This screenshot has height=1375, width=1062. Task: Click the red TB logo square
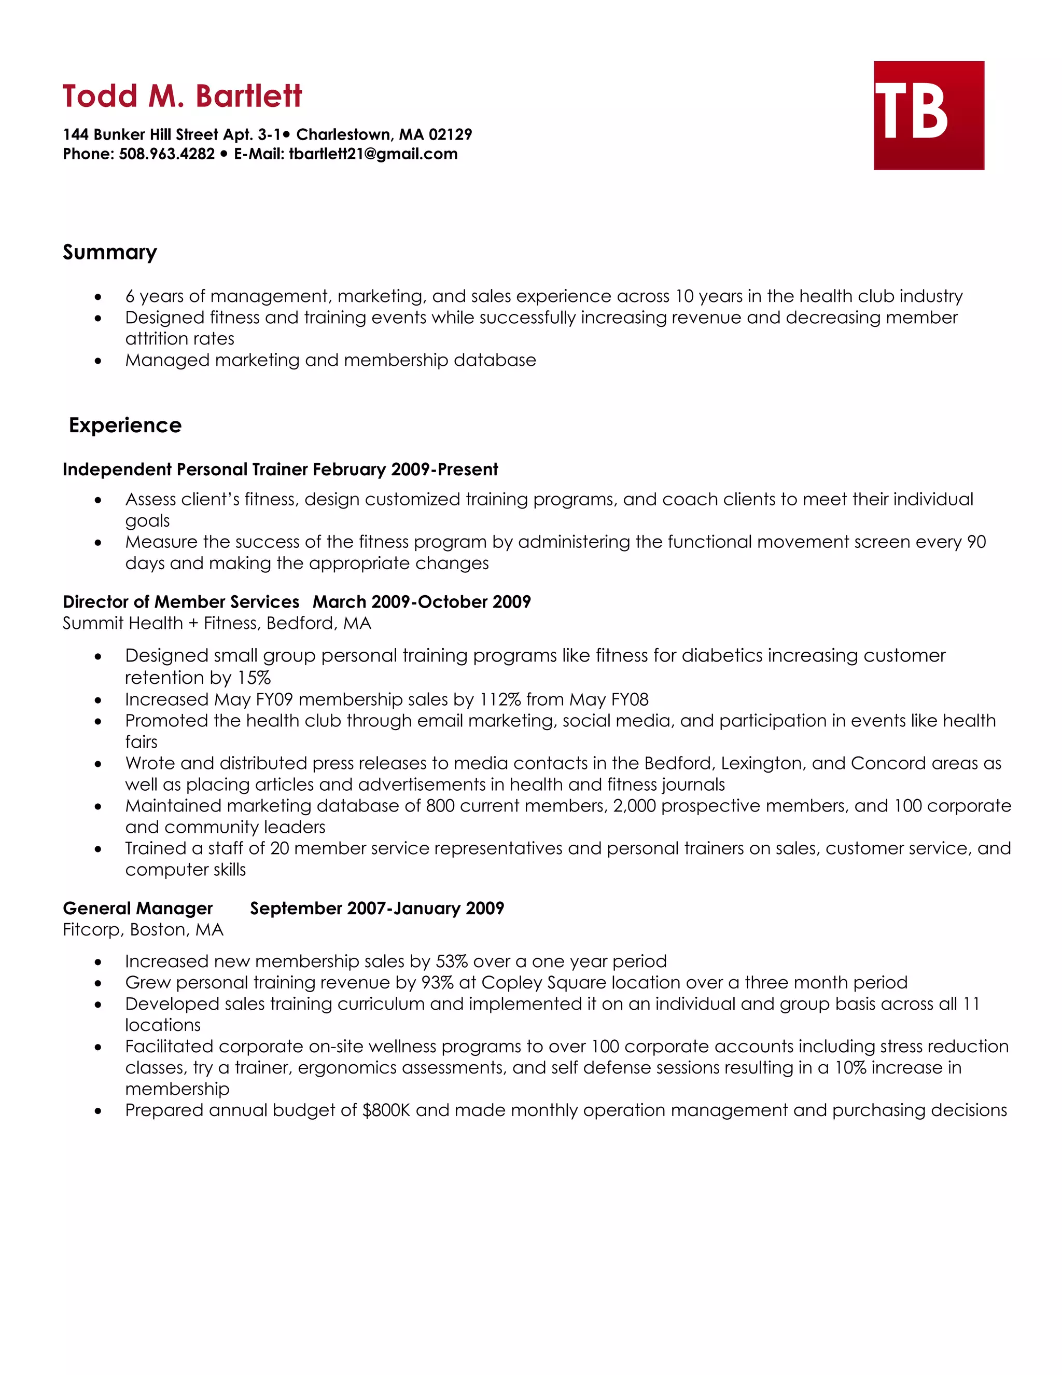pos(928,115)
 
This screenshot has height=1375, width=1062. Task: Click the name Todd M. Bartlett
pos(182,97)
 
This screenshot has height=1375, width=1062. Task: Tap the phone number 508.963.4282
pos(167,154)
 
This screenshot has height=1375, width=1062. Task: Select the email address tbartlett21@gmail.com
pos(373,154)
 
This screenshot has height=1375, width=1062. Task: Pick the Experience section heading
pos(124,425)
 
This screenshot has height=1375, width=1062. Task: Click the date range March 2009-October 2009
pos(422,602)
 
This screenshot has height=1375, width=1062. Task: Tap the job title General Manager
pos(138,909)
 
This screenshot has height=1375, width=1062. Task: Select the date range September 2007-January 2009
pos(377,909)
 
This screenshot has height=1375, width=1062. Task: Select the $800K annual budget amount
pos(386,1110)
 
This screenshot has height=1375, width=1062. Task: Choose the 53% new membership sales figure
pos(451,961)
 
